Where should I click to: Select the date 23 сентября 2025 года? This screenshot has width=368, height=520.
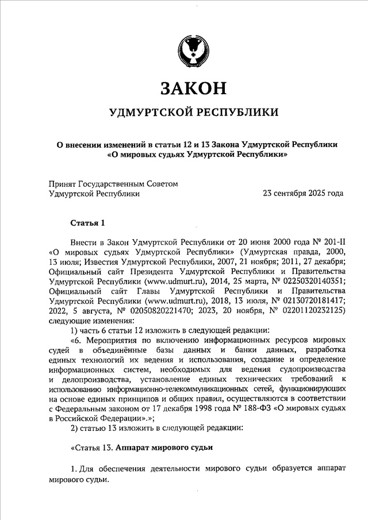[x=303, y=194]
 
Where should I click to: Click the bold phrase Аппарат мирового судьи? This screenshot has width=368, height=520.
[x=164, y=446]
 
